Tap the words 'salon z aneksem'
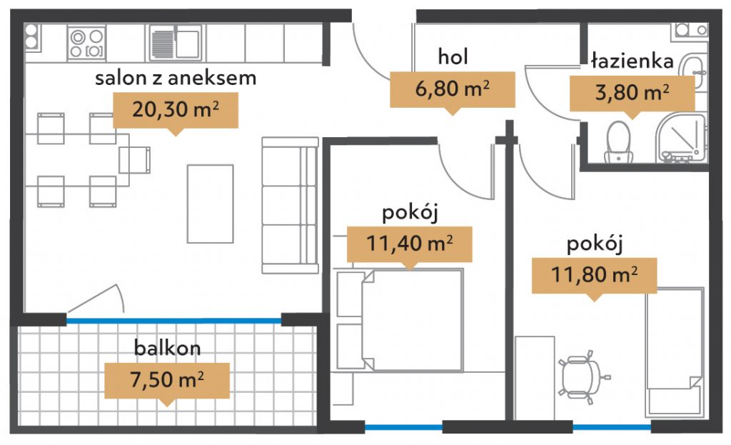pos(176,78)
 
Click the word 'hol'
pos(453,57)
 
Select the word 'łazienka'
pos(632,61)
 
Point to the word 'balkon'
pos(167,348)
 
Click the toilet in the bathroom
pos(619,142)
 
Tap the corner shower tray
pos(681,138)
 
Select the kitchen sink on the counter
pos(176,44)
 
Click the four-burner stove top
pos(86,44)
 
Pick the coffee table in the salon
pos(211,204)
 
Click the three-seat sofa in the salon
pos(290,205)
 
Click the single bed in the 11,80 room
pos(675,351)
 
